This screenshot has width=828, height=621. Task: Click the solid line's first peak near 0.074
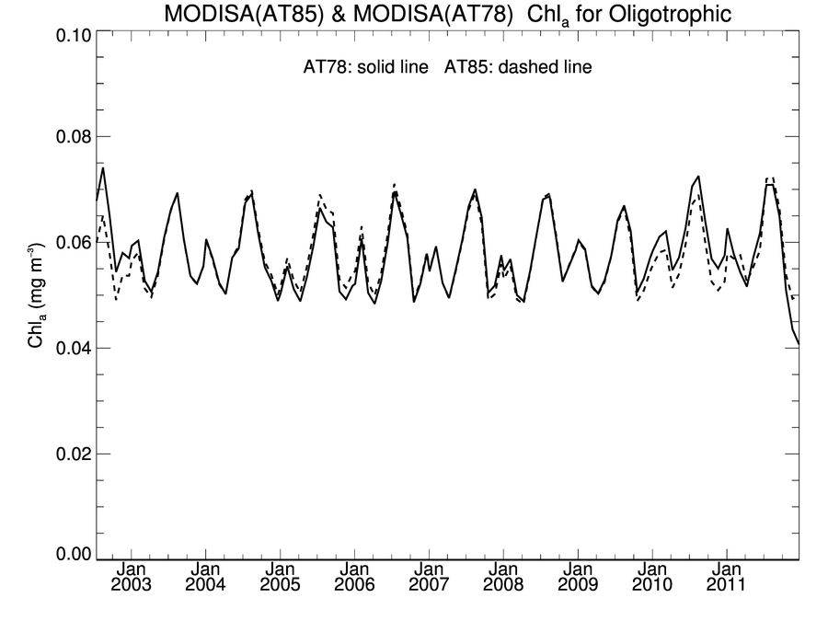click(103, 167)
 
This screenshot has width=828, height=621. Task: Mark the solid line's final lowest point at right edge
click(798, 344)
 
